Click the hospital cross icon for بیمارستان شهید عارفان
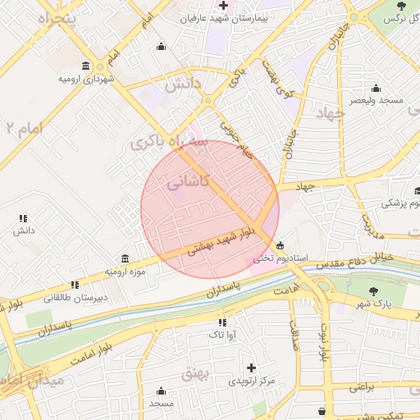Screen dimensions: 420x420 click(223, 6)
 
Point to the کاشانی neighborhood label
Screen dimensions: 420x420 click(189, 183)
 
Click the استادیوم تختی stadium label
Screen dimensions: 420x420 click(280, 258)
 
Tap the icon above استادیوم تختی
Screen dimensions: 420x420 click(281, 245)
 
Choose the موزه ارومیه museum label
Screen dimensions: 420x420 click(125, 271)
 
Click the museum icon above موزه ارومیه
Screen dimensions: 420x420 click(125, 258)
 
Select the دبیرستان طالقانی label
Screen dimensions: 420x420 click(75, 298)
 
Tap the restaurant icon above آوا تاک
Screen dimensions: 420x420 click(222, 322)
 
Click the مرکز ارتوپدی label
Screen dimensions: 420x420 click(251, 381)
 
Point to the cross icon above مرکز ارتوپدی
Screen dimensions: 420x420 click(251, 367)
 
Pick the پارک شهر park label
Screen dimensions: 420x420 click(373, 304)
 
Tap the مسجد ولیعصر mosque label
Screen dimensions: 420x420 click(377, 100)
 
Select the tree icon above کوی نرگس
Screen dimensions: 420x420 click(401, 6)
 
